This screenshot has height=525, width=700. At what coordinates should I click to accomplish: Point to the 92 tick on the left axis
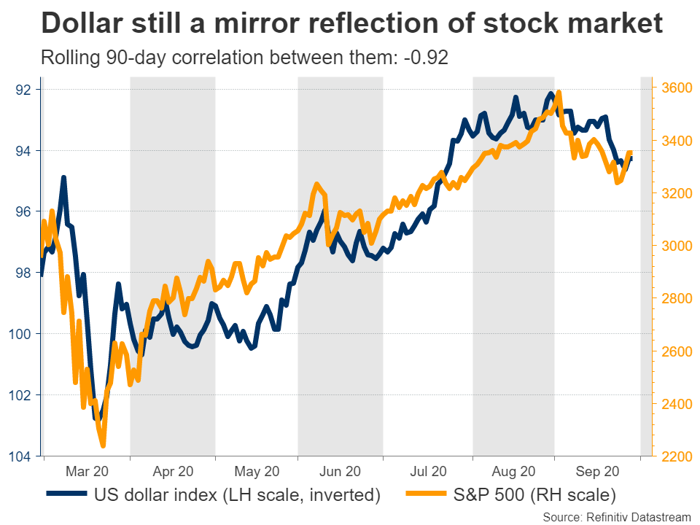(x=24, y=90)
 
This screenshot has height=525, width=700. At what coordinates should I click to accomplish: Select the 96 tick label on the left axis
(x=24, y=212)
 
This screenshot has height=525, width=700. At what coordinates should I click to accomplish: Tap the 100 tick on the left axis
(x=21, y=335)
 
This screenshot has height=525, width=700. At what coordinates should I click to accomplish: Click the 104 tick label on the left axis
(x=21, y=456)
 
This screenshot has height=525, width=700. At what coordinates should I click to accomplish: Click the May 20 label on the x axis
(x=257, y=472)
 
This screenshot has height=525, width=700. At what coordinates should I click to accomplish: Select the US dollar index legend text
(x=238, y=496)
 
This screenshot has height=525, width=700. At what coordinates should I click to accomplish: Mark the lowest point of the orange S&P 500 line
(x=102, y=446)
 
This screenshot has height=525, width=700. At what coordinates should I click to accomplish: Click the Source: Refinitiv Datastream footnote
(x=617, y=516)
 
